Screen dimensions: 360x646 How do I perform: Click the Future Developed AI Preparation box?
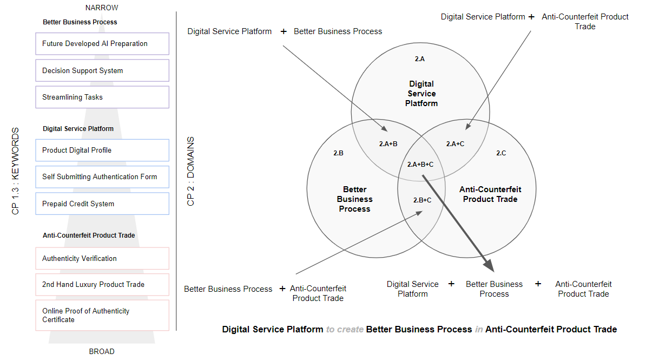click(102, 44)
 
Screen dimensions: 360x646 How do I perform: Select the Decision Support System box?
click(102, 70)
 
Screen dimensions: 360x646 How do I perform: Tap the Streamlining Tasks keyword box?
click(102, 97)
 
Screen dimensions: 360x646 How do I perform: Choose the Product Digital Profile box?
click(102, 150)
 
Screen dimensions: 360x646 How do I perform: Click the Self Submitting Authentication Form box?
click(102, 177)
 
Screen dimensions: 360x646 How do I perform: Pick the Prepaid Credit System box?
click(102, 204)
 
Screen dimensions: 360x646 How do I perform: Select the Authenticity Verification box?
click(102, 259)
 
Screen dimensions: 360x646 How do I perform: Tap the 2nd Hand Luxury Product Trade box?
click(102, 285)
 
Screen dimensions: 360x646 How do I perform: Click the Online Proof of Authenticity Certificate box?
click(102, 315)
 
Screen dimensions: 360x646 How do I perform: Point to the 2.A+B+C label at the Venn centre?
click(420, 164)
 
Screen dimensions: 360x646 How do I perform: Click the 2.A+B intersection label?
click(387, 144)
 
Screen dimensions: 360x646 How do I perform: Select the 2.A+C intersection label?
click(455, 144)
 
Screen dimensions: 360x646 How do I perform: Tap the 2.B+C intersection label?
click(422, 200)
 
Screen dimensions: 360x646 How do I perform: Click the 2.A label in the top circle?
click(420, 59)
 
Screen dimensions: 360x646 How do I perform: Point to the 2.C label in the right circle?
click(501, 153)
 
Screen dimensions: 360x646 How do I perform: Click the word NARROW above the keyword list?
click(102, 8)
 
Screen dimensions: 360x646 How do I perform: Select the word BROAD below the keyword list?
click(102, 351)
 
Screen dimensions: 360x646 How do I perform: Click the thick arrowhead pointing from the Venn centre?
click(489, 265)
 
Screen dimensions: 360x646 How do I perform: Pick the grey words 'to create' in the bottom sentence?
click(345, 329)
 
